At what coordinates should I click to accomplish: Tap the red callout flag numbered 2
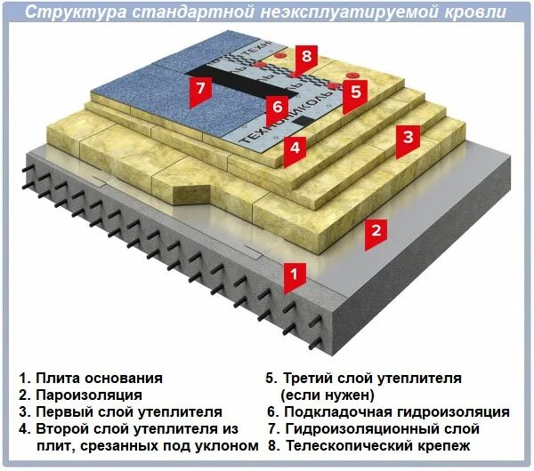click(376, 231)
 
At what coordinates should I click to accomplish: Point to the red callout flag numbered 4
click(295, 148)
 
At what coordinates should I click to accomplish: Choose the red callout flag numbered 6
click(277, 106)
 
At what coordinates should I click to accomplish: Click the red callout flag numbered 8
click(305, 58)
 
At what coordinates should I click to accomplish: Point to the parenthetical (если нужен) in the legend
click(328, 395)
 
